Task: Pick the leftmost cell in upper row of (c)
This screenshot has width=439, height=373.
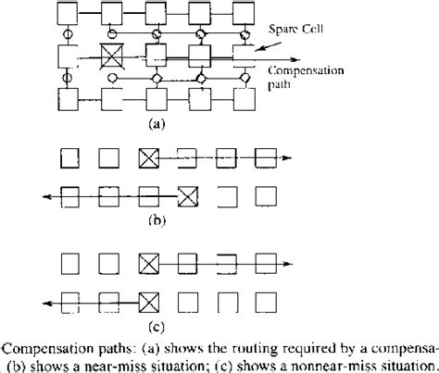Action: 71,262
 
